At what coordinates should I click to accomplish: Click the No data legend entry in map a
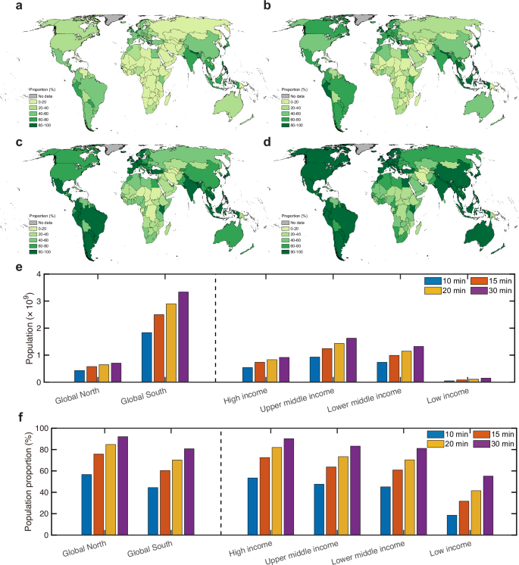[x=41, y=97]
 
